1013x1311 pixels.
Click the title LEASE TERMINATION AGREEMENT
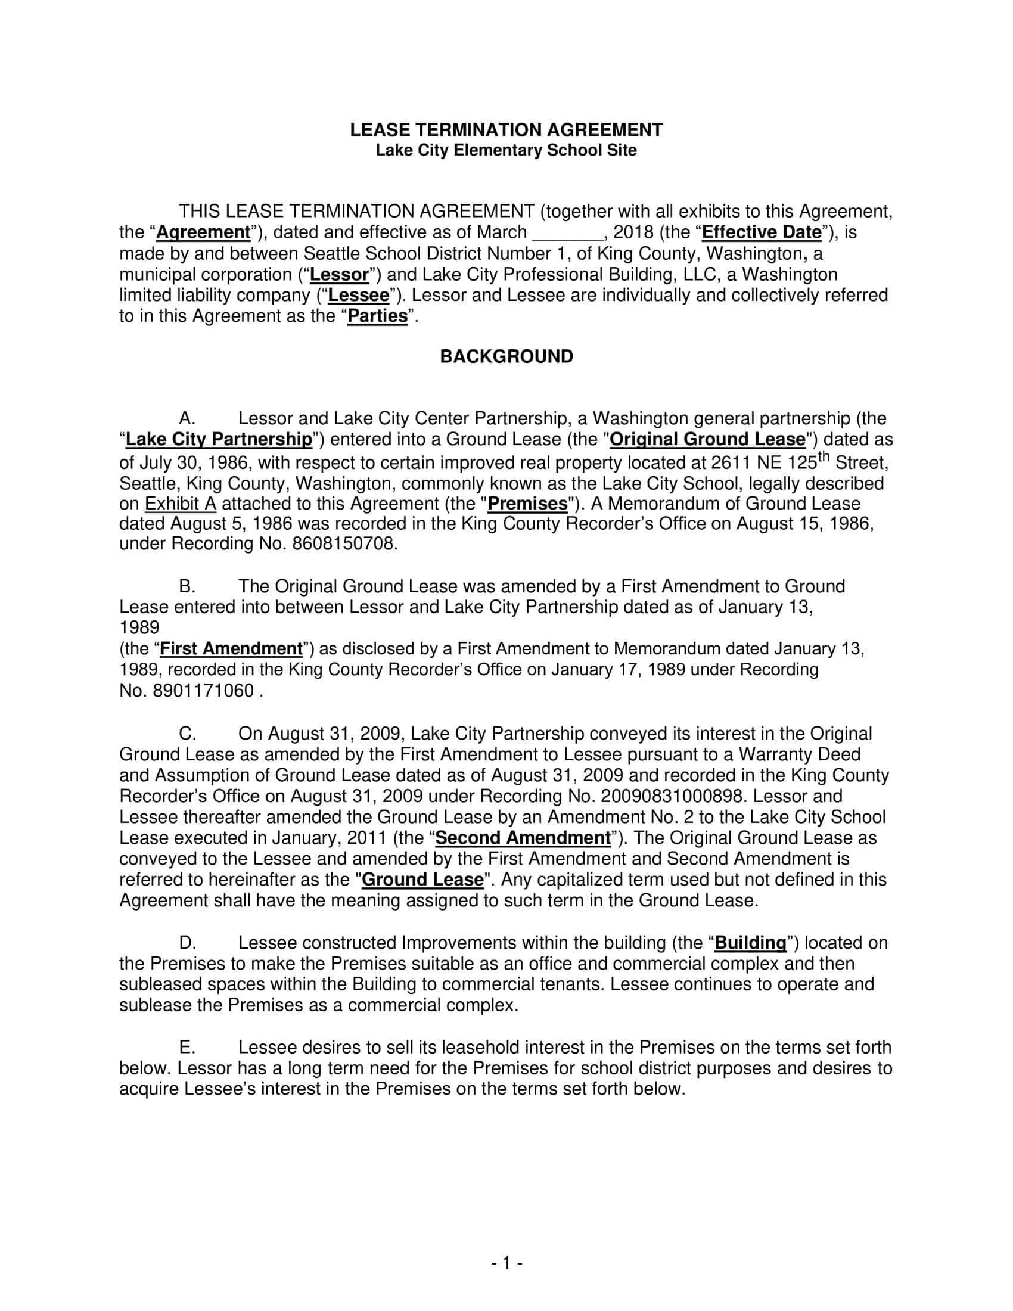click(x=506, y=130)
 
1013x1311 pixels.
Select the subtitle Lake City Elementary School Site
click(x=506, y=150)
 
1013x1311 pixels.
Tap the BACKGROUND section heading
click(x=506, y=356)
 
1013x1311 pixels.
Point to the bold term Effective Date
click(x=761, y=232)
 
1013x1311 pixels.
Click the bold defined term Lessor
click(x=339, y=274)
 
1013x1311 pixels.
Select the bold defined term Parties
click(x=378, y=316)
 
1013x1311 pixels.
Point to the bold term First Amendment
click(x=231, y=648)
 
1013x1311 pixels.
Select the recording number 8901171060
click(x=204, y=691)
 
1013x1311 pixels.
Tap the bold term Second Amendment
click(x=523, y=837)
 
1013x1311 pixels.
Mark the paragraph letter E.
click(x=187, y=1048)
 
